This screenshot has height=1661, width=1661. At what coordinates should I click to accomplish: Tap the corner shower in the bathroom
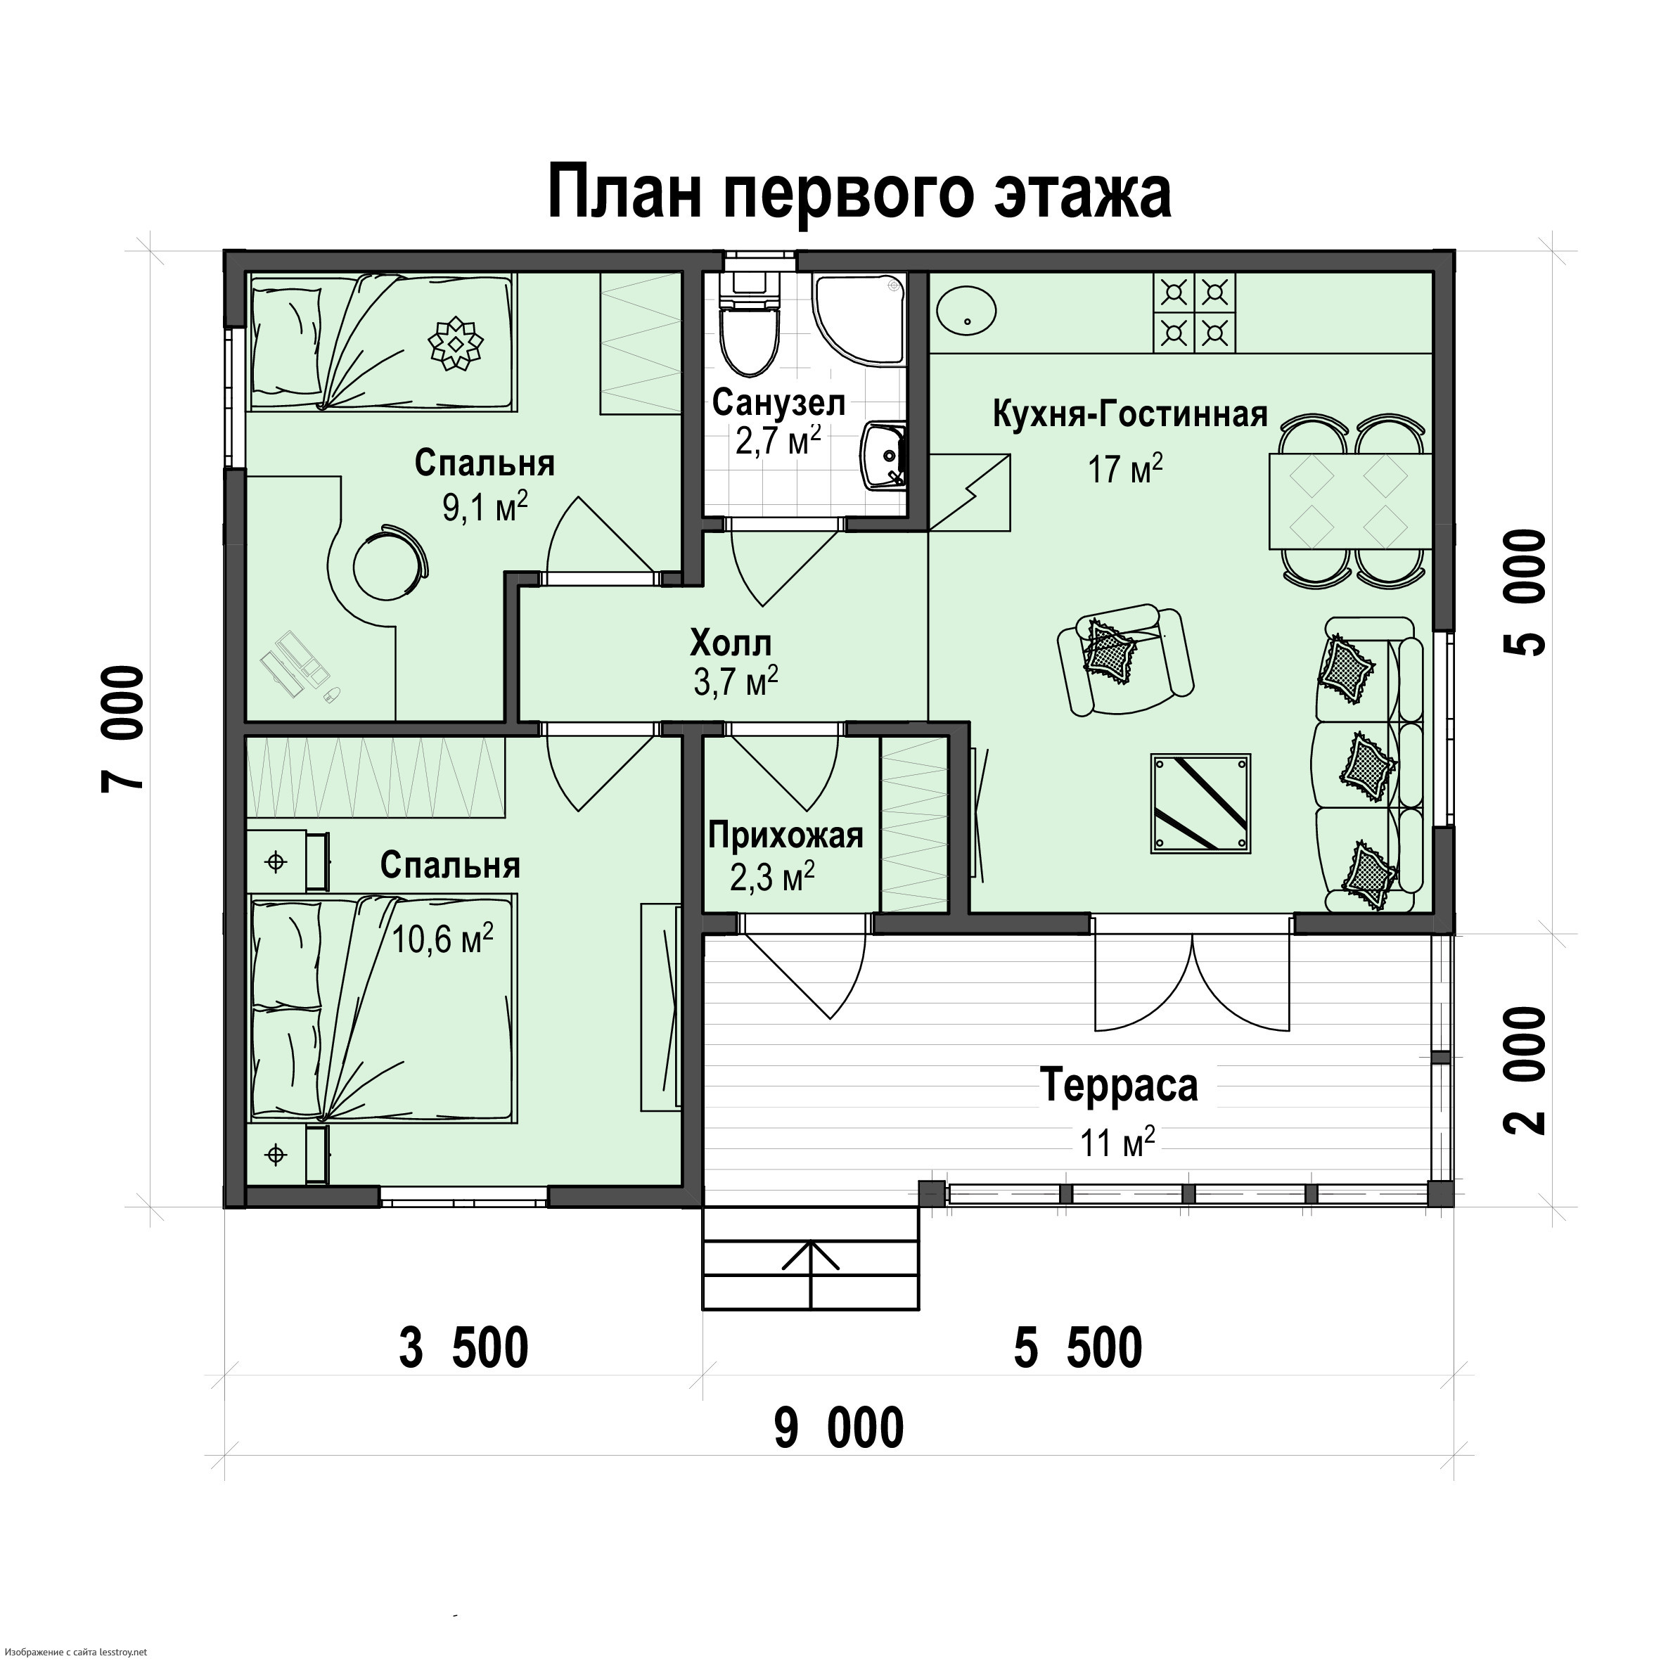click(x=860, y=318)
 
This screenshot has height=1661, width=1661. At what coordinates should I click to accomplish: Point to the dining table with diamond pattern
click(x=1349, y=501)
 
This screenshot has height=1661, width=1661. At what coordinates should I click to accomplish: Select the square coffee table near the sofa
click(x=1201, y=804)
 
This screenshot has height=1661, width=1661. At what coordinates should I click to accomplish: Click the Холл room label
click(x=731, y=643)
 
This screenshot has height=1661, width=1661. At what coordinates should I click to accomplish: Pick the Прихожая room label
click(x=785, y=835)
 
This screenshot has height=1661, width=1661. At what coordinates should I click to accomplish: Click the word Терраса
click(x=1119, y=1085)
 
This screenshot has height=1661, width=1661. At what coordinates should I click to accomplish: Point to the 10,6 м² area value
click(x=443, y=939)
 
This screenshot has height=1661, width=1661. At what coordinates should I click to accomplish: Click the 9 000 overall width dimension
click(x=839, y=1429)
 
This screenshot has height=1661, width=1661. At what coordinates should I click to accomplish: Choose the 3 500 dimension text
click(x=463, y=1348)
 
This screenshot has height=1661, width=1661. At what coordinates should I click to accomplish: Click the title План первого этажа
click(x=859, y=193)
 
